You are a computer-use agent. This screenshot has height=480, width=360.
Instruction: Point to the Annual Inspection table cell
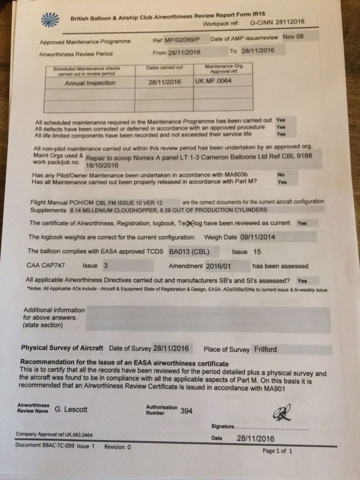90,83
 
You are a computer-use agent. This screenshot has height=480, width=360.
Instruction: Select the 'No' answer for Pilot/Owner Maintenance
281,174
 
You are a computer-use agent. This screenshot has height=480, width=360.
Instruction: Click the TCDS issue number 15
257,252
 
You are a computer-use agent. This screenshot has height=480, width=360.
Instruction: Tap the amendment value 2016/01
219,266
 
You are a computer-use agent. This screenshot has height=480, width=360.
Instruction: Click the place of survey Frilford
265,349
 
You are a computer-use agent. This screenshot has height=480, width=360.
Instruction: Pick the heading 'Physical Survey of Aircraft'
62,348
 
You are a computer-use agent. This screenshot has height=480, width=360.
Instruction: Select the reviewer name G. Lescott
71,409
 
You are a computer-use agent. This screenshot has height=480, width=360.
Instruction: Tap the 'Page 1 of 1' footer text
277,451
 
